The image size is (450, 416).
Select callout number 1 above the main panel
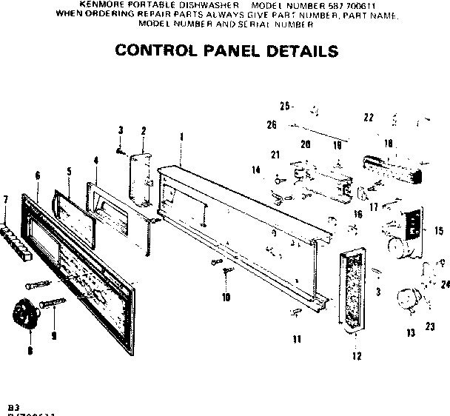tap(181, 136)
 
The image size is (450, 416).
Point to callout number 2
tap(142, 131)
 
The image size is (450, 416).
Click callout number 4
tap(95, 160)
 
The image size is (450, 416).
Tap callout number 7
tap(6, 199)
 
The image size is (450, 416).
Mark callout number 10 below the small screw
tap(226, 298)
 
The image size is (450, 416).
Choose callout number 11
tap(296, 340)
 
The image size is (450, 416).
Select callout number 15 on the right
tap(439, 232)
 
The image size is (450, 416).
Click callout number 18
tap(388, 144)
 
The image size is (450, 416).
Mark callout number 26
tap(272, 125)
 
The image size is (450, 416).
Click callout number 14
tap(256, 170)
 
